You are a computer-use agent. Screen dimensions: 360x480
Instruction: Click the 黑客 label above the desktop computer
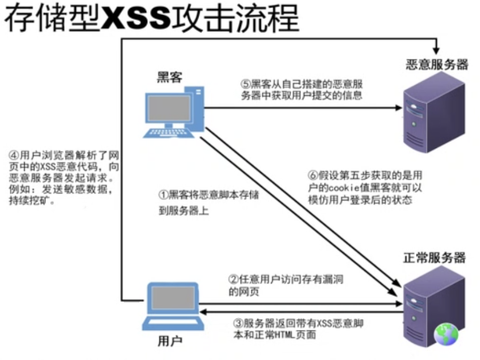(x=169, y=77)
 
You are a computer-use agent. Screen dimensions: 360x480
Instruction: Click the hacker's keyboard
(x=167, y=133)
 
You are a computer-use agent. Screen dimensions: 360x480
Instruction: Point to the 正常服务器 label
(x=434, y=257)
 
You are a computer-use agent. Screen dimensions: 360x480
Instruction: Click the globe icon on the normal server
(x=446, y=334)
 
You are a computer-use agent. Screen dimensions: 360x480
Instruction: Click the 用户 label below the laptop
(x=170, y=341)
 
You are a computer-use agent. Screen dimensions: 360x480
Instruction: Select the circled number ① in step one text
(x=162, y=195)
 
